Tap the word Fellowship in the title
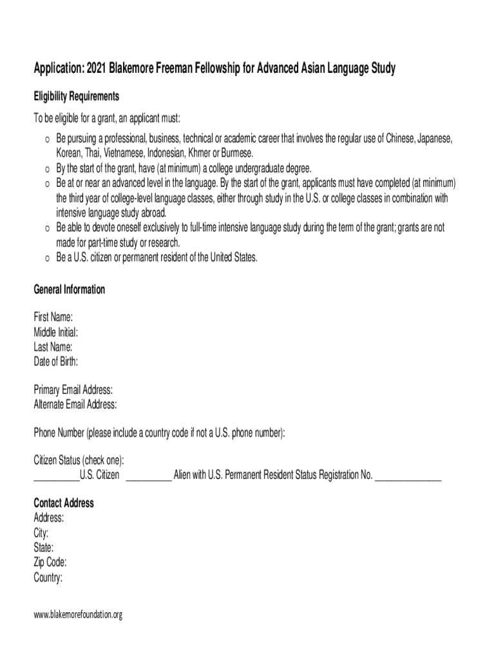[x=210, y=68]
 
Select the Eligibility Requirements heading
[x=76, y=96]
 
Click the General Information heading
[x=69, y=289]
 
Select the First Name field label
[x=53, y=317]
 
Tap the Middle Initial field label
[x=55, y=333]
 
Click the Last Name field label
[x=53, y=347]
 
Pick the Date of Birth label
[x=56, y=362]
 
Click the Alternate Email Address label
[x=75, y=405]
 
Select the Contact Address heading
[x=64, y=503]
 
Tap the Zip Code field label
[x=50, y=563]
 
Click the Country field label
[x=48, y=577]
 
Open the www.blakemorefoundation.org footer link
[x=77, y=615]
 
